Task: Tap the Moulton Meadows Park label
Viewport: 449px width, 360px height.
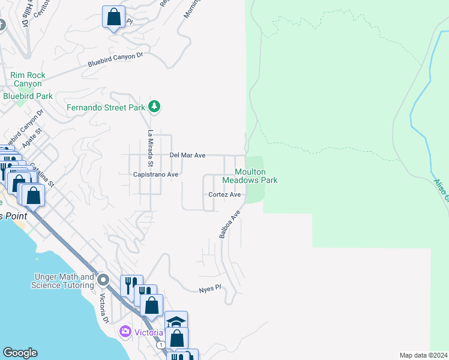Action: pos(250,176)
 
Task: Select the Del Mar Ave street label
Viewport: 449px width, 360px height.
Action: pos(187,155)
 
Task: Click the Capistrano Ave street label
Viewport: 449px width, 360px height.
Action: pos(155,175)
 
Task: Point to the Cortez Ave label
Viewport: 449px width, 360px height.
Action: pos(224,195)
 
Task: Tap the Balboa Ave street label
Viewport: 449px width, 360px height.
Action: pos(230,224)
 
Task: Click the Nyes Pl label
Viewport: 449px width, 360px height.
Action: pos(210,289)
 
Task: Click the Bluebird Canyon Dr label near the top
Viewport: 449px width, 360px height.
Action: pos(116,59)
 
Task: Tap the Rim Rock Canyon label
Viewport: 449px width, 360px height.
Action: pos(28,80)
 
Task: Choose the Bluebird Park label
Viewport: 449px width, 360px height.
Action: pos(28,96)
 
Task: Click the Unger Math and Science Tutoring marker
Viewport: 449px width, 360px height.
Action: pos(103,280)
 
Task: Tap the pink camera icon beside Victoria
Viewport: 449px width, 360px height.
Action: pos(125,331)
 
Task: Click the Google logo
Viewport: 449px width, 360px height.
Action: pos(19,353)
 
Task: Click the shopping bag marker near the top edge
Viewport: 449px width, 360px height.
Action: pos(113,18)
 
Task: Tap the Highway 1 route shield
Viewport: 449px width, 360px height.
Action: pos(161,345)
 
